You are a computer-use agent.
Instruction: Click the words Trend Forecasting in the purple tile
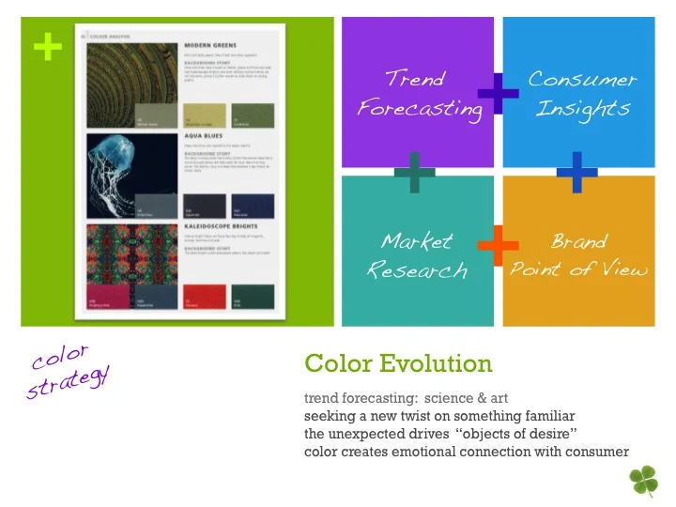click(419, 94)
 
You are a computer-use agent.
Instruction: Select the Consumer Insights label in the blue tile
click(582, 94)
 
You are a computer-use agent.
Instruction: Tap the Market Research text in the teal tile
click(417, 255)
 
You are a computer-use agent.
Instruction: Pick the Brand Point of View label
click(578, 255)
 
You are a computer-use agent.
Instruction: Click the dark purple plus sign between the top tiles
click(497, 91)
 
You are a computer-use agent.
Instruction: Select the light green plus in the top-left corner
click(41, 42)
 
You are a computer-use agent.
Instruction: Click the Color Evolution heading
click(398, 363)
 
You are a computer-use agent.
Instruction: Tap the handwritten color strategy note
click(68, 372)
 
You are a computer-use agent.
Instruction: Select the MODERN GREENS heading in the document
click(210, 44)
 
